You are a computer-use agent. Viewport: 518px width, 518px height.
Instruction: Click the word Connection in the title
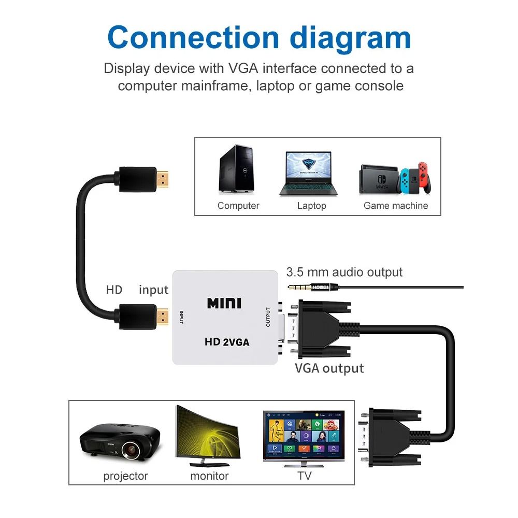coord(193,37)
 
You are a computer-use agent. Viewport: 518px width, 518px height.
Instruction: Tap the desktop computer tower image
coord(236,169)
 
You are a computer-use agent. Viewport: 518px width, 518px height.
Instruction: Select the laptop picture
coord(308,173)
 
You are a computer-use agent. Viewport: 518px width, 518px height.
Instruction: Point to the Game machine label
coord(396,206)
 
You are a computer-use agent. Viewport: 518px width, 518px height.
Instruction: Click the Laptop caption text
coord(311,206)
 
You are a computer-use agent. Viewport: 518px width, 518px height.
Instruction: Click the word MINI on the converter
coord(224,303)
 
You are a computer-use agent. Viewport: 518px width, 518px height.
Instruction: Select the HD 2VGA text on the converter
coord(227,342)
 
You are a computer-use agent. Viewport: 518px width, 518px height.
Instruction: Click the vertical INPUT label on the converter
coord(181,317)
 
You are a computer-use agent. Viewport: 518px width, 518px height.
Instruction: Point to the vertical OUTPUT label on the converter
coord(268,317)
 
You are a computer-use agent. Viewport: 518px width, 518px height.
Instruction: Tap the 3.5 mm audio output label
coord(344,272)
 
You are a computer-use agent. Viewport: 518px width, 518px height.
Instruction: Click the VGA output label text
coord(329,368)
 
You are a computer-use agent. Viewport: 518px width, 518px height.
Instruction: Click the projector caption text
coord(125,476)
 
